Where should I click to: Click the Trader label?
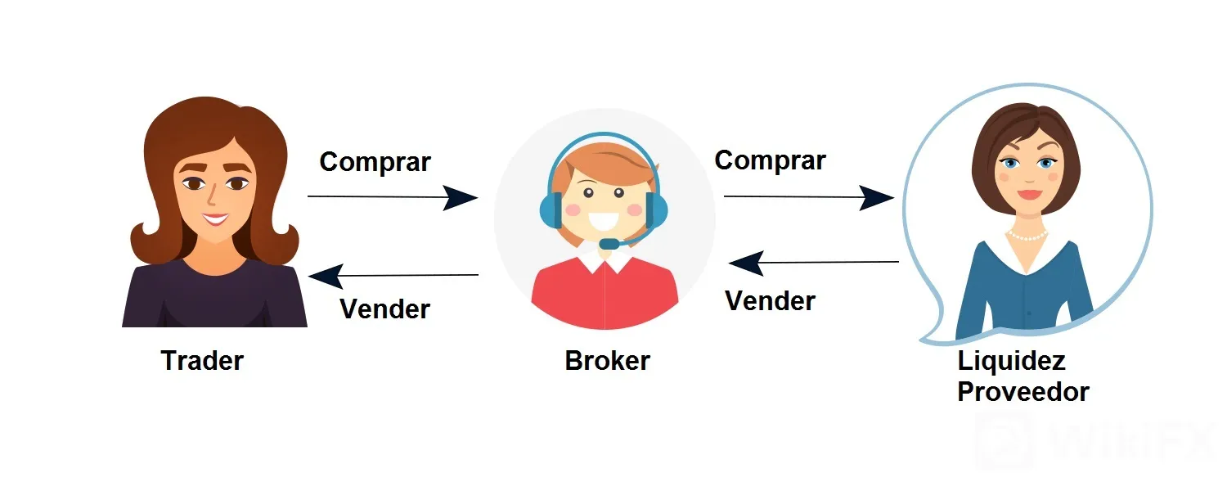click(x=202, y=361)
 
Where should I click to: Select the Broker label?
click(x=607, y=361)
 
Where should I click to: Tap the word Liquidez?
click(x=1011, y=362)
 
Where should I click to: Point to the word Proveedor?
click(x=1023, y=392)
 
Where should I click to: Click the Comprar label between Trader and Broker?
click(x=375, y=162)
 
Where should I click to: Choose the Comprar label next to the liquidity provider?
click(x=771, y=160)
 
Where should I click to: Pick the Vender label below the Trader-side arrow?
click(x=384, y=309)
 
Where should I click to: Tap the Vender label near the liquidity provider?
click(x=771, y=301)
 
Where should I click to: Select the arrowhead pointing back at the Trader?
click(x=326, y=276)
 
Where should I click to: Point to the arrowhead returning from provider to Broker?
click(x=746, y=263)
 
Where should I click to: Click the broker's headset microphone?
click(x=609, y=243)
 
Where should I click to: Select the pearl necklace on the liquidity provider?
click(x=1027, y=236)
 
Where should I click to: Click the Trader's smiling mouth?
click(x=215, y=219)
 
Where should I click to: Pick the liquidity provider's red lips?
click(x=1029, y=195)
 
